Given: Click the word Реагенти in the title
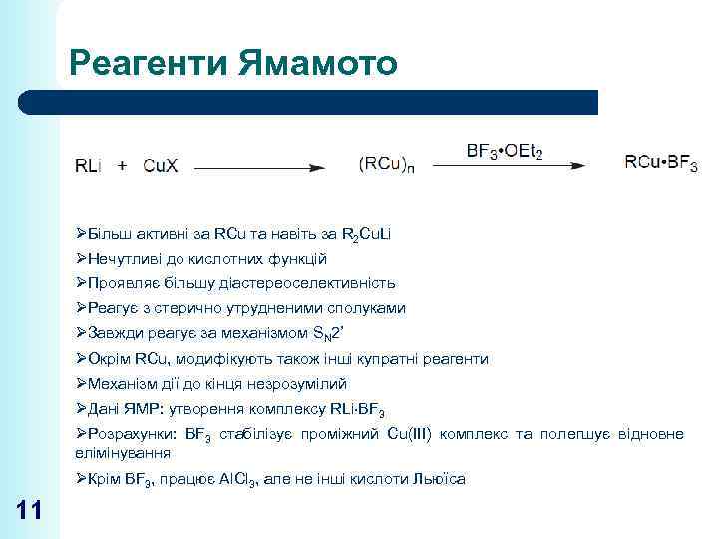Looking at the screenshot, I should (153, 64).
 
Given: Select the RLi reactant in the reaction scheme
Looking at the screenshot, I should (89, 166).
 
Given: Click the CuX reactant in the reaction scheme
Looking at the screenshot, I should (161, 166).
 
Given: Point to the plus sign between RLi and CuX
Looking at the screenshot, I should (123, 166).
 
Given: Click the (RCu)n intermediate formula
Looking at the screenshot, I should (386, 166).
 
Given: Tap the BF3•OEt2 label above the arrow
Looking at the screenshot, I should (505, 152).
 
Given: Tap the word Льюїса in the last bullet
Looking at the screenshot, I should (439, 479).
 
